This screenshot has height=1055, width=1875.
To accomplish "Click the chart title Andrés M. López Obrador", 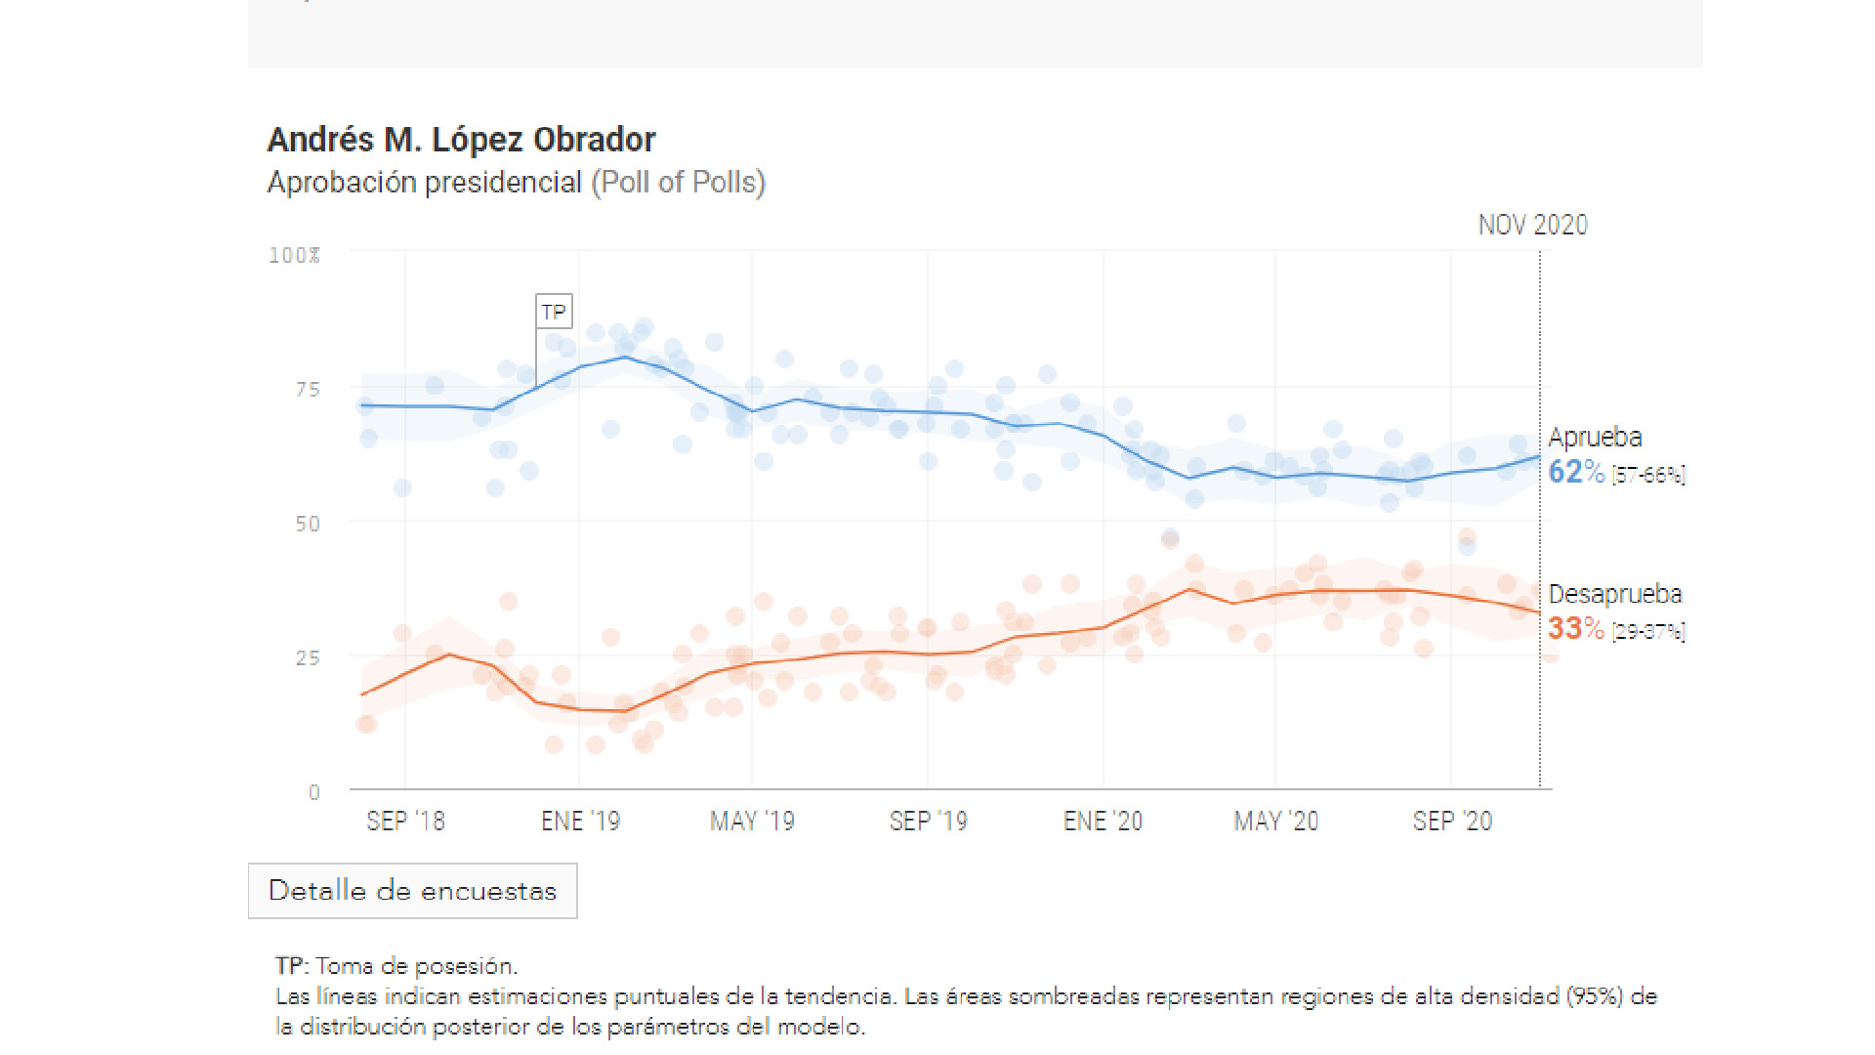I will (461, 141).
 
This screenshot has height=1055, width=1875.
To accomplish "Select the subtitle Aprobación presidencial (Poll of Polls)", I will (516, 183).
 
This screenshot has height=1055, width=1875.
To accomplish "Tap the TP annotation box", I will (554, 312).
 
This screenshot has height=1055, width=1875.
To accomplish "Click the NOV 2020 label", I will (1531, 226).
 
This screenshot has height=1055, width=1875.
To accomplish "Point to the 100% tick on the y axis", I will (294, 256).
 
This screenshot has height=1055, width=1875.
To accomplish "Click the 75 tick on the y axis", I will (308, 390).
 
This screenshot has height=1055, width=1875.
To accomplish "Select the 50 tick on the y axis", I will (308, 524).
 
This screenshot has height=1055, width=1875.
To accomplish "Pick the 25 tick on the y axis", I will (308, 658).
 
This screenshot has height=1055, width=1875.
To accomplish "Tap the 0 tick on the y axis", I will (313, 792).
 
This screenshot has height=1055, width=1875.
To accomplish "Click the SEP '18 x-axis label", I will (405, 822).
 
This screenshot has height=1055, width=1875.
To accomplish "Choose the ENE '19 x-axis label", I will (580, 822).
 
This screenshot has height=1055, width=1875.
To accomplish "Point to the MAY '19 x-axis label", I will (752, 822).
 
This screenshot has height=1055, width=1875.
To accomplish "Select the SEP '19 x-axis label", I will (928, 822).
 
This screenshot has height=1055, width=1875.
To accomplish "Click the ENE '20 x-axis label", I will (1103, 822).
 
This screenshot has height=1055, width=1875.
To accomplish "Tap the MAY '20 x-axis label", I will (1275, 822).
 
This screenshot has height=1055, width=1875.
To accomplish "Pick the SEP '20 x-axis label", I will (1452, 822).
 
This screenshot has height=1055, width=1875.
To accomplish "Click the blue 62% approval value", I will (1575, 473).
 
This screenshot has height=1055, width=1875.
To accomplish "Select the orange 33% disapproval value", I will (1575, 629).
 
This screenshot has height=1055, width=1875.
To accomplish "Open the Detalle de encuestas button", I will (412, 891).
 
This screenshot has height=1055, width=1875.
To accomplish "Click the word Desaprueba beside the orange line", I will (1614, 594).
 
